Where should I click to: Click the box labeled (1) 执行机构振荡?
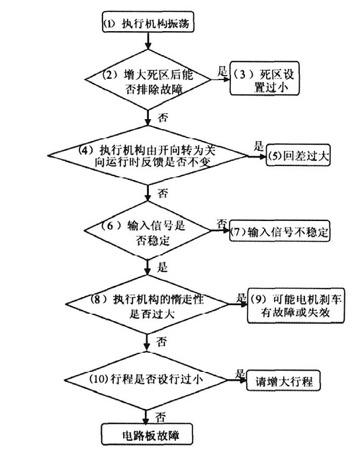click(x=148, y=22)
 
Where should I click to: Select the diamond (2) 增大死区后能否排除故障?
click(x=148, y=80)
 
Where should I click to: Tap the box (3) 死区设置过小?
click(x=265, y=78)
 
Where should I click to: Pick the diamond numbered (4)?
click(x=148, y=156)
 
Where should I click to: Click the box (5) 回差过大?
click(x=298, y=155)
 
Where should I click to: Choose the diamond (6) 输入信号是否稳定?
click(x=148, y=230)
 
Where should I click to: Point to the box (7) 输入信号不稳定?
click(x=279, y=231)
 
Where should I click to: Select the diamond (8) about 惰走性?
click(x=148, y=304)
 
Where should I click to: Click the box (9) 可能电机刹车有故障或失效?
click(x=296, y=306)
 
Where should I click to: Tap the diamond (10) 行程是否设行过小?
click(x=146, y=380)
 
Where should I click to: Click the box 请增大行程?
click(x=283, y=381)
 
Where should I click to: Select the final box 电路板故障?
click(x=147, y=434)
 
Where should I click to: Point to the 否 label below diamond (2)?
click(x=163, y=118)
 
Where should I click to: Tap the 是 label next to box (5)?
click(x=259, y=146)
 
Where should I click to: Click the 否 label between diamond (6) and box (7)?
click(x=222, y=223)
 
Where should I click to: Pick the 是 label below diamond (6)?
click(x=163, y=267)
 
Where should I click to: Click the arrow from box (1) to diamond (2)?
click(x=148, y=41)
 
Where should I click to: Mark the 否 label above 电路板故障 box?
click(x=160, y=417)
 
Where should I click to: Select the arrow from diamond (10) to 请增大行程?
click(x=237, y=380)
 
